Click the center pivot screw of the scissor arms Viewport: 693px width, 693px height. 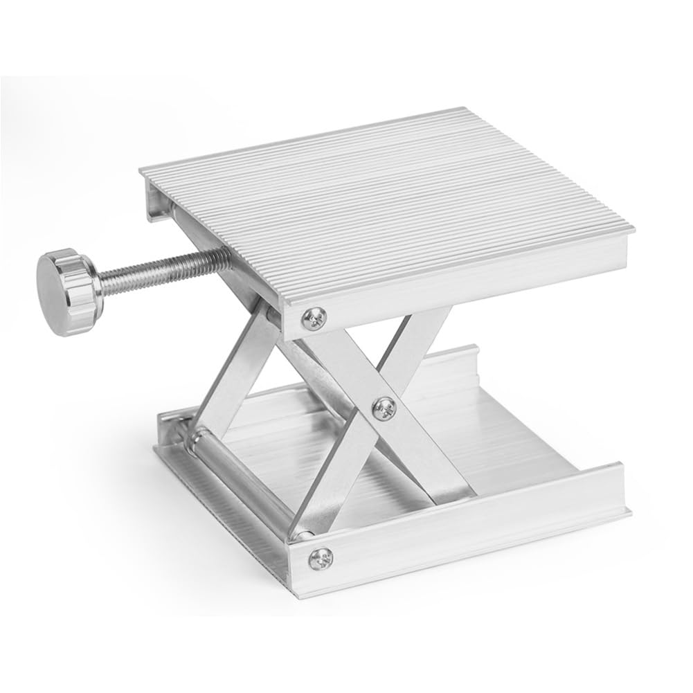[382, 408]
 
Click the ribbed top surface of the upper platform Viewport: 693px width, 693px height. [388, 201]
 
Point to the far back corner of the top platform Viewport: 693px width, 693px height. [462, 109]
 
